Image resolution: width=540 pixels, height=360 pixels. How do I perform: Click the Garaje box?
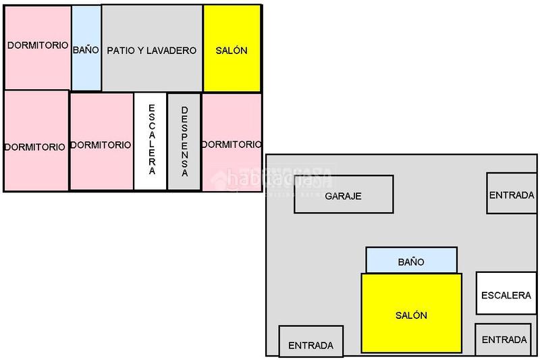pos(344,195)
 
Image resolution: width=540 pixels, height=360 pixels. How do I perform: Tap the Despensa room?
pos(184,141)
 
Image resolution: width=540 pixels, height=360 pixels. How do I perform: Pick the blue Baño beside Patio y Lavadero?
pos(86,49)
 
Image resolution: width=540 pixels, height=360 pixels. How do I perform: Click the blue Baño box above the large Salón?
pos(411,260)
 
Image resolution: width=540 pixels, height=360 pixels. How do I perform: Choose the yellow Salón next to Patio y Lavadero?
pos(232,49)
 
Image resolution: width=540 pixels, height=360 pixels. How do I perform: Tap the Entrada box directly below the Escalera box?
pos(505,339)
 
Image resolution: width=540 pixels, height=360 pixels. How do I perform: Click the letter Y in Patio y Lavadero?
pos(139,51)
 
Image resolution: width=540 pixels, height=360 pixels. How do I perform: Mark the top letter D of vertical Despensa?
pos(184,109)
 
